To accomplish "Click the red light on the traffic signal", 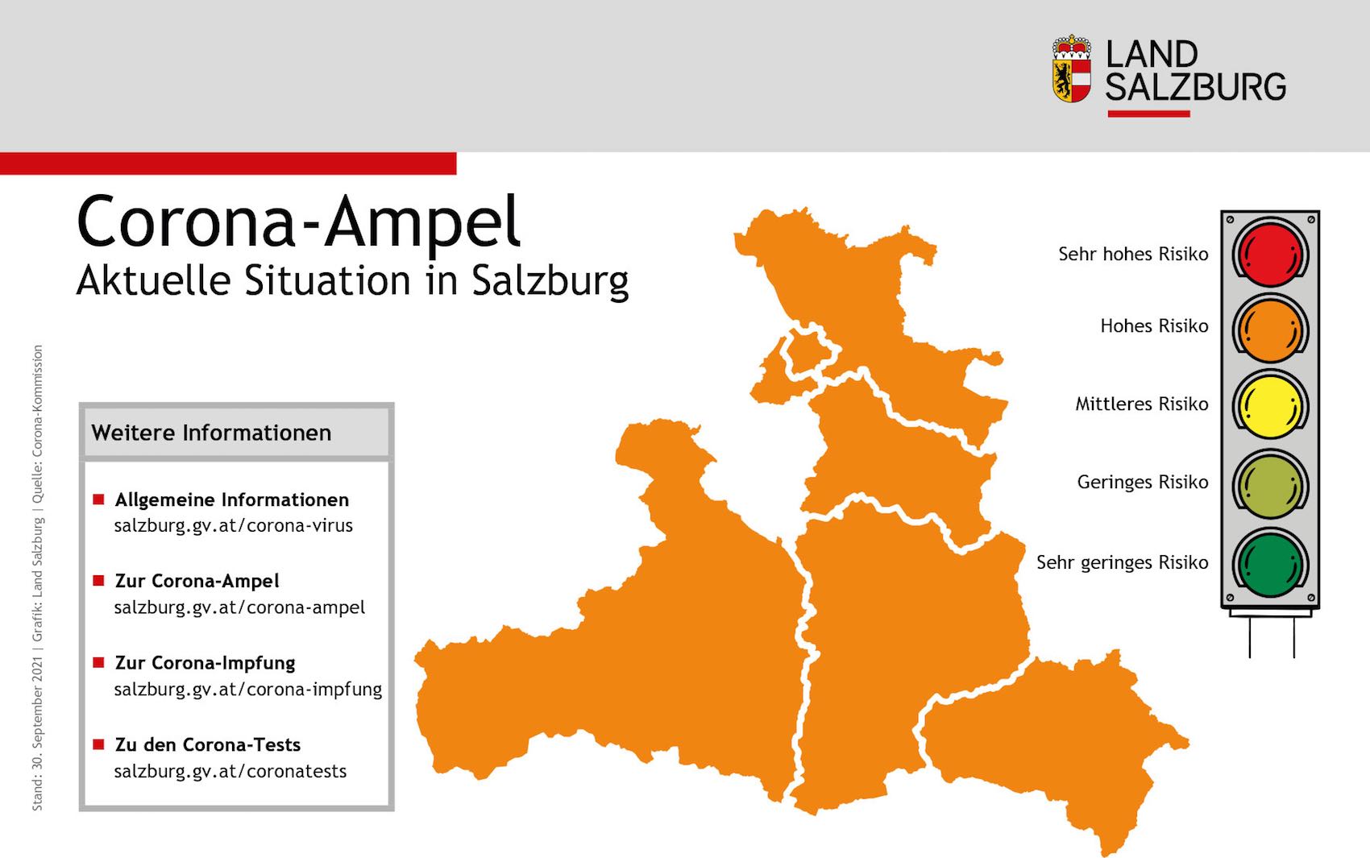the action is point(1270,253).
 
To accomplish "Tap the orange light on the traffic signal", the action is point(1270,330).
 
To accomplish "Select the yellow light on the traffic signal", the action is point(1270,407).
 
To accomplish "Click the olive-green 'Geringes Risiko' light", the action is point(1270,485).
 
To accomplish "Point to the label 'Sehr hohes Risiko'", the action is point(1133,254).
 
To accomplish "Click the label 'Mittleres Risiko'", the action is point(1142,404).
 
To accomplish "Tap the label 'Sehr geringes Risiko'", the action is point(1123,562).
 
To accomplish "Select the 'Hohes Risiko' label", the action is point(1154,326).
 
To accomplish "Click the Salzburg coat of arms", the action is point(1072,68).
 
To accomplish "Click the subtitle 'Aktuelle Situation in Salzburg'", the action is point(352,280).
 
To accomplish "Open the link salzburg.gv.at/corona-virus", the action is point(234,526).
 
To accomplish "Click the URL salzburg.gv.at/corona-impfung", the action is point(247,689).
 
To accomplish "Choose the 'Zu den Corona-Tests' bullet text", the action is point(208,744).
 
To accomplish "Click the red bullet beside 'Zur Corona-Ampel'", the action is point(98,580).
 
